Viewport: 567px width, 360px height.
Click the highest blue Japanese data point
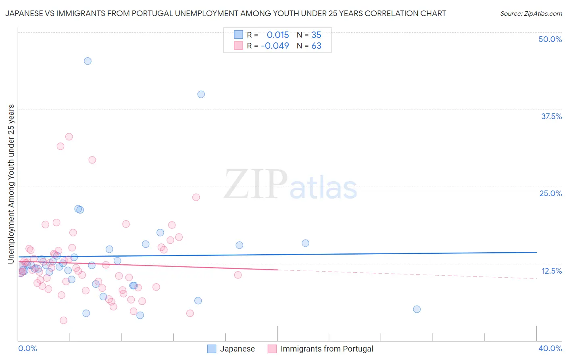tap(88, 61)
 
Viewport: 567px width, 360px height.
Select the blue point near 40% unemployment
tap(201, 94)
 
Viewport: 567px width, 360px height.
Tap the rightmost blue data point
tap(417, 309)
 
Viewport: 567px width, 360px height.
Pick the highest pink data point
tap(69, 137)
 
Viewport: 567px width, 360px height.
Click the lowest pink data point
tap(63, 320)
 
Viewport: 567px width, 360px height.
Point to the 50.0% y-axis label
tap(550, 39)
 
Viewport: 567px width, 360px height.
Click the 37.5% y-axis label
tap(551, 116)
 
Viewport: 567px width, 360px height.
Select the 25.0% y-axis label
tap(550, 193)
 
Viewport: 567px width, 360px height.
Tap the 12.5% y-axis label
tap(551, 271)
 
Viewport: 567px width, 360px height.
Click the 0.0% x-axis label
tap(27, 348)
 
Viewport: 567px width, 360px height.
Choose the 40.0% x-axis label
tap(550, 348)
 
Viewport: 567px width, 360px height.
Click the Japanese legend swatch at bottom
tap(212, 349)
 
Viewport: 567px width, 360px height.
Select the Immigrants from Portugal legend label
tap(327, 349)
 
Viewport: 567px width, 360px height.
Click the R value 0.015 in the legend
tap(278, 35)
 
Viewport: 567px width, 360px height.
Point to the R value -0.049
tap(275, 46)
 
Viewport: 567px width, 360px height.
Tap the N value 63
tap(316, 46)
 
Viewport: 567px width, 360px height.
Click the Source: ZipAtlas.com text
tap(531, 14)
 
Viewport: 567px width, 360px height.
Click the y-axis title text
tap(11, 184)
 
